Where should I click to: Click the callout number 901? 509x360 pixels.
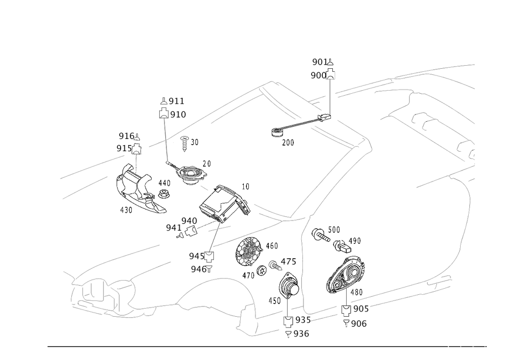click(319, 62)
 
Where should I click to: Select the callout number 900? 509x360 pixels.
click(319, 75)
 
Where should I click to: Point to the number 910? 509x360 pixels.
click(178, 115)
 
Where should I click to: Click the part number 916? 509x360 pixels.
click(125, 136)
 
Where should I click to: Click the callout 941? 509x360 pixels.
click(173, 227)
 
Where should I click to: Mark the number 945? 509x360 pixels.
click(196, 255)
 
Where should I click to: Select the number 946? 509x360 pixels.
click(198, 268)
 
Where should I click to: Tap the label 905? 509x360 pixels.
click(360, 309)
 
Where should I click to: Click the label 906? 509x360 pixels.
click(359, 323)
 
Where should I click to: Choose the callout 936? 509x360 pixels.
click(301, 334)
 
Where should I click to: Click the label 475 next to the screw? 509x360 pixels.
click(288, 262)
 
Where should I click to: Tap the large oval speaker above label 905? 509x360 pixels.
click(346, 275)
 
